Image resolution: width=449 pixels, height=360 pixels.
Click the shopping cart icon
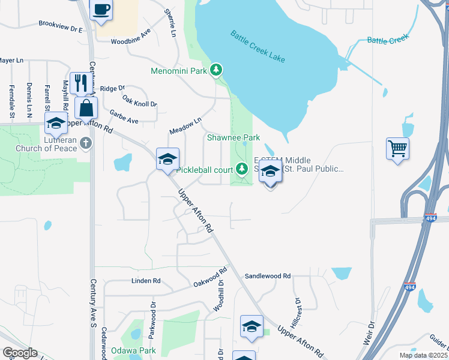pyautogui.click(x=398, y=148)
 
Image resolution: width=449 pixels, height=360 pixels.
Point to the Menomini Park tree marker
pyautogui.click(x=217, y=71)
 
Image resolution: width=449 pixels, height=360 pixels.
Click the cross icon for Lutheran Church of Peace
pyautogui.click(x=85, y=143)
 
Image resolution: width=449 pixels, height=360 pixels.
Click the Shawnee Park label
pyautogui.click(x=234, y=137)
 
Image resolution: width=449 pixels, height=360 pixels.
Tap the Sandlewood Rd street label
pyautogui.click(x=267, y=276)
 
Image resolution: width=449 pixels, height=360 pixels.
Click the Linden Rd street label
pyautogui.click(x=146, y=280)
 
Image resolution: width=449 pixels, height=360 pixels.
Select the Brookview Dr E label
pyautogui.click(x=60, y=27)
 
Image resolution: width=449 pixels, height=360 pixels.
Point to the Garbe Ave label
pyautogui.click(x=124, y=116)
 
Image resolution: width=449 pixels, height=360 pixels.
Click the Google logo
pyautogui.click(x=20, y=352)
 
